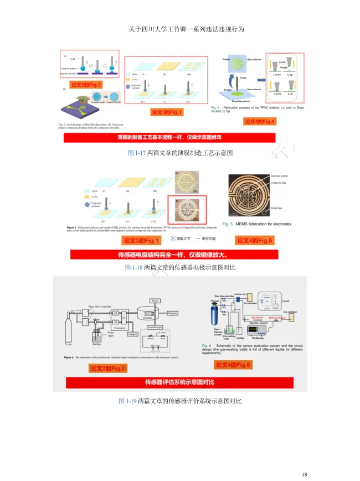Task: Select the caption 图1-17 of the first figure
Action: click(x=179, y=153)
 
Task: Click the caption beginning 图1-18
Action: click(x=180, y=267)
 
